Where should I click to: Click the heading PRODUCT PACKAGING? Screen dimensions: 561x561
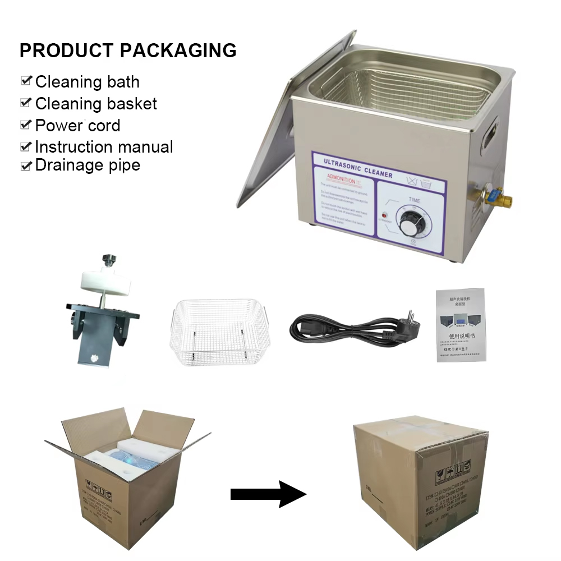pyautogui.click(x=128, y=50)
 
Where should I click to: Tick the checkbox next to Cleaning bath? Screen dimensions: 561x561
pyautogui.click(x=26, y=81)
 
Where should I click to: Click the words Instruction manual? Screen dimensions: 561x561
pyautogui.click(x=104, y=147)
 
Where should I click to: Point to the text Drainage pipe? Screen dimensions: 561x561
pyautogui.click(x=88, y=165)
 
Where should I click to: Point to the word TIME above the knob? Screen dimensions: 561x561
pyautogui.click(x=415, y=200)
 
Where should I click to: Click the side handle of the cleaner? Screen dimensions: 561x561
pyautogui.click(x=492, y=133)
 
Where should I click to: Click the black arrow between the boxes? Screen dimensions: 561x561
pyautogui.click(x=268, y=494)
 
